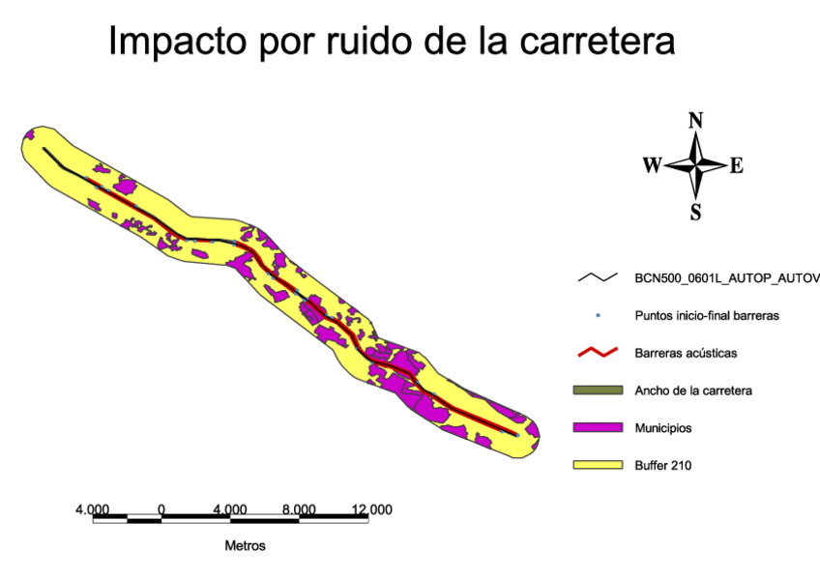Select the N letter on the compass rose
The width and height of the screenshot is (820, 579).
point(695,121)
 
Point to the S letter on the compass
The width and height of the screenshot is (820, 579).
point(695,212)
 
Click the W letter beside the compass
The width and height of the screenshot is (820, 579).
point(652,165)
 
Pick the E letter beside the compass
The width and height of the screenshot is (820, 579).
point(736,165)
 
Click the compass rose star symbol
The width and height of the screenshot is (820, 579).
point(695,165)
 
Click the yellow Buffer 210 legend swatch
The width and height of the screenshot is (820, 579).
point(597,465)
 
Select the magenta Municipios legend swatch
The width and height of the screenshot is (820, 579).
point(597,427)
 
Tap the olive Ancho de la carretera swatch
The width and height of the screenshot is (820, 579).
point(597,391)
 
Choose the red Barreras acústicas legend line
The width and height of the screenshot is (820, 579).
point(597,352)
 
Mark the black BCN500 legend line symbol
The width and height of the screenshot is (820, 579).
point(597,277)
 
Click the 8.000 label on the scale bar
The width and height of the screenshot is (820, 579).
point(299,509)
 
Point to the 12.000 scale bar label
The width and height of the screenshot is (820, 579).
point(371,509)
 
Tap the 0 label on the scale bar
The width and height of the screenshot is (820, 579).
point(161,509)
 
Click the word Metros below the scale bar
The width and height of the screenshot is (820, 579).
point(245,545)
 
